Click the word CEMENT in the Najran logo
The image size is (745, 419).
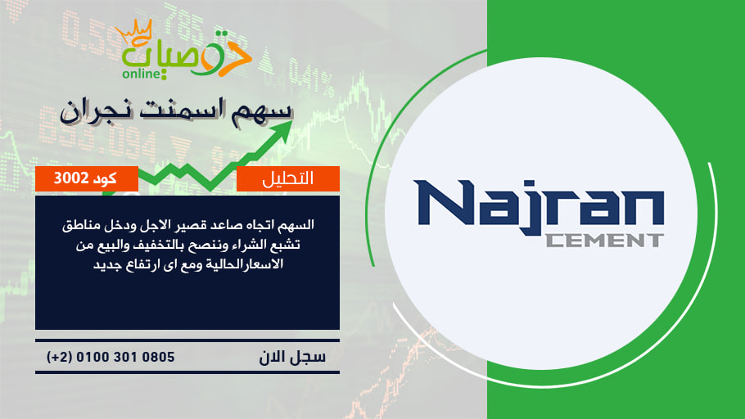[604, 240]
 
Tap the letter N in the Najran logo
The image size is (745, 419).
[444, 202]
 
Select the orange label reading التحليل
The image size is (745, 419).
[288, 178]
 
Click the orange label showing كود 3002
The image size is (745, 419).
[87, 178]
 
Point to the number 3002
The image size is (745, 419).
[71, 178]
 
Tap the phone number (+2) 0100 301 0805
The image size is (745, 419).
[111, 357]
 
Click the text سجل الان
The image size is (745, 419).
[292, 357]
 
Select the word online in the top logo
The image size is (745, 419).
[142, 74]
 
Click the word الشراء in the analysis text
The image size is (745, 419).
[255, 246]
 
